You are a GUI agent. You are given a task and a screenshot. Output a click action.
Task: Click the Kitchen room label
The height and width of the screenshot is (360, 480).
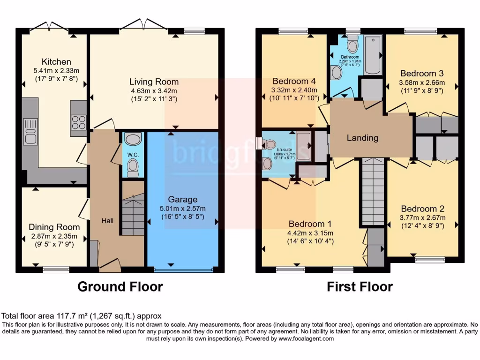[x=56, y=62]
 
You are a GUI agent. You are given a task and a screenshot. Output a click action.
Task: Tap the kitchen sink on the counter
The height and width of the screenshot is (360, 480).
[x=30, y=132]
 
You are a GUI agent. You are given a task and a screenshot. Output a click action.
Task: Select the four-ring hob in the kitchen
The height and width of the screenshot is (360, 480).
[x=79, y=122]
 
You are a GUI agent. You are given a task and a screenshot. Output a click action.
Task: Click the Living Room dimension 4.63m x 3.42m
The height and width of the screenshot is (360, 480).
[x=154, y=90]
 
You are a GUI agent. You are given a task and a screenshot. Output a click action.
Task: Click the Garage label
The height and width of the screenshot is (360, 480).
[x=183, y=199]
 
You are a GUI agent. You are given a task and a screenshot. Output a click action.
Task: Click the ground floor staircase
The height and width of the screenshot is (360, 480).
[x=133, y=215]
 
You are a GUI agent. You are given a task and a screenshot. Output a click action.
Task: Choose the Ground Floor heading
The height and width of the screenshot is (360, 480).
[x=120, y=286]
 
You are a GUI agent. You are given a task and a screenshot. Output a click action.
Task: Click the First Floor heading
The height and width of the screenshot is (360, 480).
[x=360, y=286]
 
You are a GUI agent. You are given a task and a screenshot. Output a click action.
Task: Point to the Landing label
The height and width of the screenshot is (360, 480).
[x=362, y=138]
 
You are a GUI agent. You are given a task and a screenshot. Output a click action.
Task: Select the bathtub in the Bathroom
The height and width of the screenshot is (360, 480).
[x=373, y=55]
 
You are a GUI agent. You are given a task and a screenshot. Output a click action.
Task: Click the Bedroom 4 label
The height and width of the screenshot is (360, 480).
[x=294, y=80]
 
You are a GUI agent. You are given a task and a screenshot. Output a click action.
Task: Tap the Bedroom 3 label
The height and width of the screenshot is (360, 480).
[x=422, y=74]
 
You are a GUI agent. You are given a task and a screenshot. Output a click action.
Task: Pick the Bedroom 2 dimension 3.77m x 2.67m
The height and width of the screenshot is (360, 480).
[x=422, y=217]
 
